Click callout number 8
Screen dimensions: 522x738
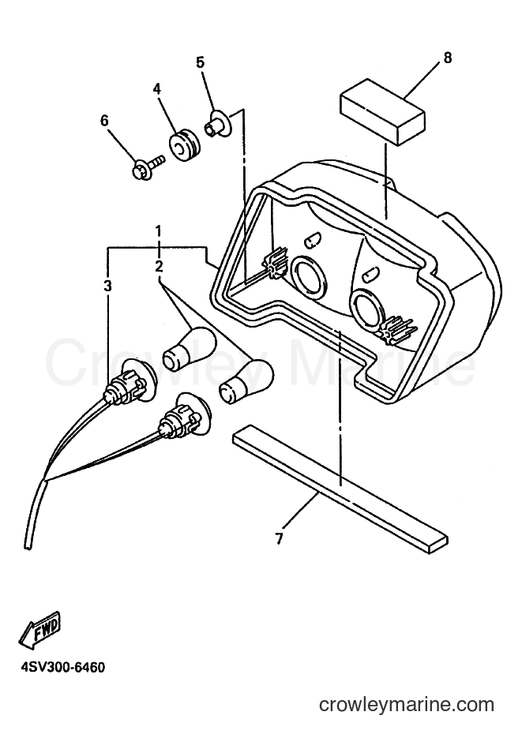(x=447, y=58)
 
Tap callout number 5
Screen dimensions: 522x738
(x=201, y=62)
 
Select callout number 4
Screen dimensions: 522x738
(x=156, y=89)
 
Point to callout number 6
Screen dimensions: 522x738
(x=104, y=121)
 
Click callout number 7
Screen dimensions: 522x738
(x=280, y=538)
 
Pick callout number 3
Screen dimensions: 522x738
(x=108, y=286)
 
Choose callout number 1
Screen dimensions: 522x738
(x=159, y=231)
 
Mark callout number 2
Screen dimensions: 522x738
(x=159, y=267)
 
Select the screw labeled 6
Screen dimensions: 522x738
(x=148, y=168)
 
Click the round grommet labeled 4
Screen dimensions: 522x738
(x=185, y=146)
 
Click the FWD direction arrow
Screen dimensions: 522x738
(x=40, y=629)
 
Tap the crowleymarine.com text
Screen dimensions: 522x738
(x=407, y=705)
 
